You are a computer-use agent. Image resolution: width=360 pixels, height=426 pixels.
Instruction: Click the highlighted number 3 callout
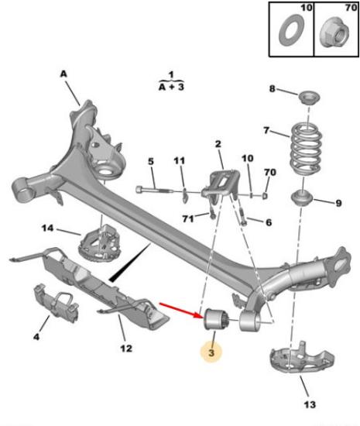(211, 352)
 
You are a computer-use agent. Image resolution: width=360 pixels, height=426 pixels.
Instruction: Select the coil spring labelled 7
(306, 149)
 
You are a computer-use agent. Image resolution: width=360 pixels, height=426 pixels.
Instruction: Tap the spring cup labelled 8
(309, 97)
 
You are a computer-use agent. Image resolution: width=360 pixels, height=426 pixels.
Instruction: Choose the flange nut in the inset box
(334, 31)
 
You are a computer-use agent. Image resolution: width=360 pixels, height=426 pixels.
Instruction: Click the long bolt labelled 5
(154, 189)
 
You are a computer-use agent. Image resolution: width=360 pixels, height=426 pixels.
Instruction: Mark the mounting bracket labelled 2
(221, 185)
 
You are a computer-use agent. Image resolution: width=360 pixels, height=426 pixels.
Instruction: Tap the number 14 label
(47, 228)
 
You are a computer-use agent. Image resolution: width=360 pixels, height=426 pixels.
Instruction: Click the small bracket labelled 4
(57, 303)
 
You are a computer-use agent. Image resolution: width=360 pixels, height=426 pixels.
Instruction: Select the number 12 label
(126, 348)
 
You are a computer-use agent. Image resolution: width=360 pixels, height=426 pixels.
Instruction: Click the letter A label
(63, 74)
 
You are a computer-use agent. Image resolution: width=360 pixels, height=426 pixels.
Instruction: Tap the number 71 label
(188, 218)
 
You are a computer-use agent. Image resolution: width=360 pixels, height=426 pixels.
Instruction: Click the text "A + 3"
(171, 87)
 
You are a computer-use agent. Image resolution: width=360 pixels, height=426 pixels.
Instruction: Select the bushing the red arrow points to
(217, 319)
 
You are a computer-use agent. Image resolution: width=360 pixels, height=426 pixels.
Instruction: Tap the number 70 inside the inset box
(351, 7)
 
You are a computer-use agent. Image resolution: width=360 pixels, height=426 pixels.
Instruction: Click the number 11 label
(179, 160)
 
